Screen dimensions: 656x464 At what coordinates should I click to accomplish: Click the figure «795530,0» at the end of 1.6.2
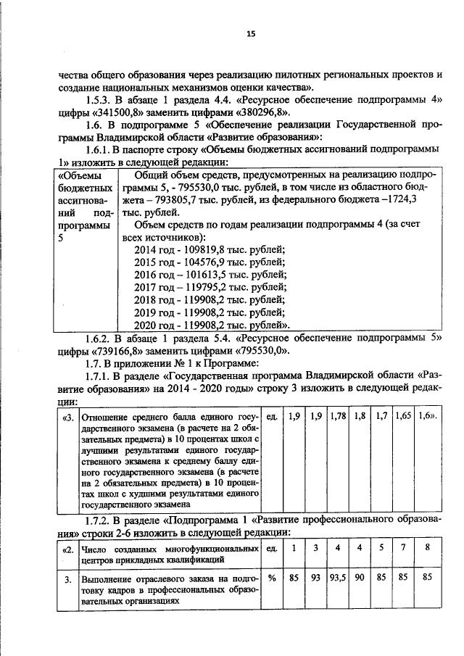tap(258, 349)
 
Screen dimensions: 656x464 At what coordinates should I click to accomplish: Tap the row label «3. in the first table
tap(67, 417)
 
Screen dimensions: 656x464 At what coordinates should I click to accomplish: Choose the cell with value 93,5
tap(338, 578)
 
